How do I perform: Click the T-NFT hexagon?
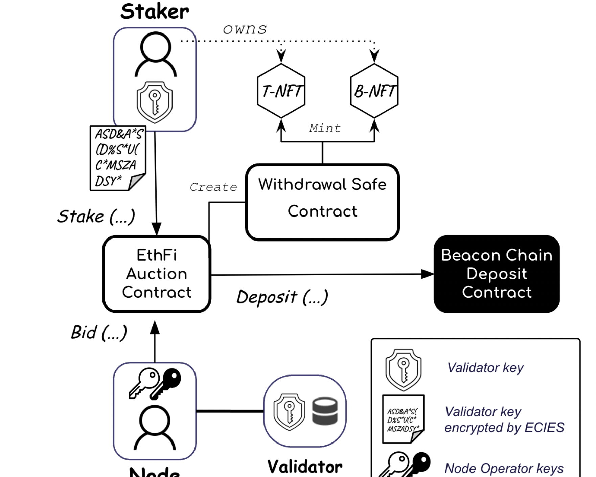(281, 91)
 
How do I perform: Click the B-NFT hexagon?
(374, 91)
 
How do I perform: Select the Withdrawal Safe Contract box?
(322, 202)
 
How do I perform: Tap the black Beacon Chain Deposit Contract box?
(497, 274)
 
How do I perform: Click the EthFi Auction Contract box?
(157, 274)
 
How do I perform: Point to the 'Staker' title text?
(155, 12)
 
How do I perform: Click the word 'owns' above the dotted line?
(245, 29)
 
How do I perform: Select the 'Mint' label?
(325, 128)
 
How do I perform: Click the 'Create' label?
(213, 187)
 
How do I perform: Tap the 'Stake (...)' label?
(96, 217)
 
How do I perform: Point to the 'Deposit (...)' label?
(282, 297)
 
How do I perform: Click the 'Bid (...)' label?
(99, 332)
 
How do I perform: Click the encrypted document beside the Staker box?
(117, 158)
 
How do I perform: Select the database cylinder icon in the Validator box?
(325, 411)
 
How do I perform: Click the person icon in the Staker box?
(155, 54)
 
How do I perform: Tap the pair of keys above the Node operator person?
(155, 383)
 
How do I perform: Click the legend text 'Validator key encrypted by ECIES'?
(504, 419)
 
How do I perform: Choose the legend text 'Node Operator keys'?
(504, 469)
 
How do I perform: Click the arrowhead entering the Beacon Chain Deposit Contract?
(428, 274)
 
